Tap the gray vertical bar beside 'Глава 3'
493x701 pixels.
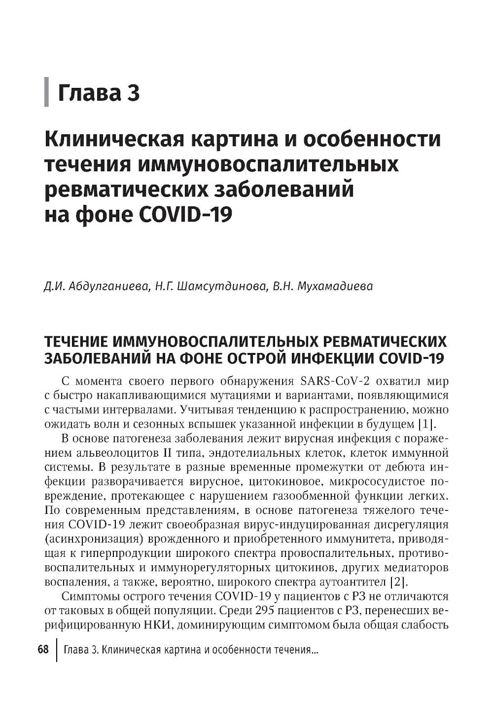[x=47, y=92]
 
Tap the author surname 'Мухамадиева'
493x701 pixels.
[x=335, y=286]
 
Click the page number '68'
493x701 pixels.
[x=43, y=650]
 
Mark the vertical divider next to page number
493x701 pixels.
[x=57, y=651]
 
